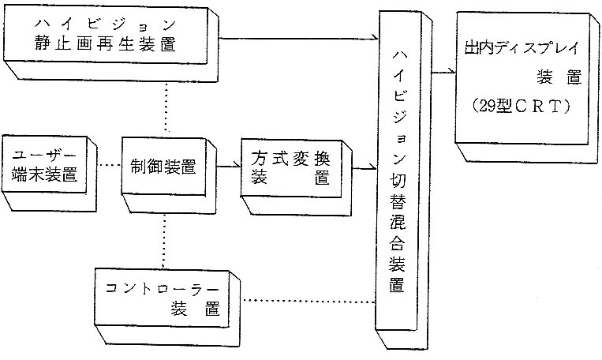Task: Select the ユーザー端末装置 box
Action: [44, 170]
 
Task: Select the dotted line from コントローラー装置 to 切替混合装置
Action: [308, 300]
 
